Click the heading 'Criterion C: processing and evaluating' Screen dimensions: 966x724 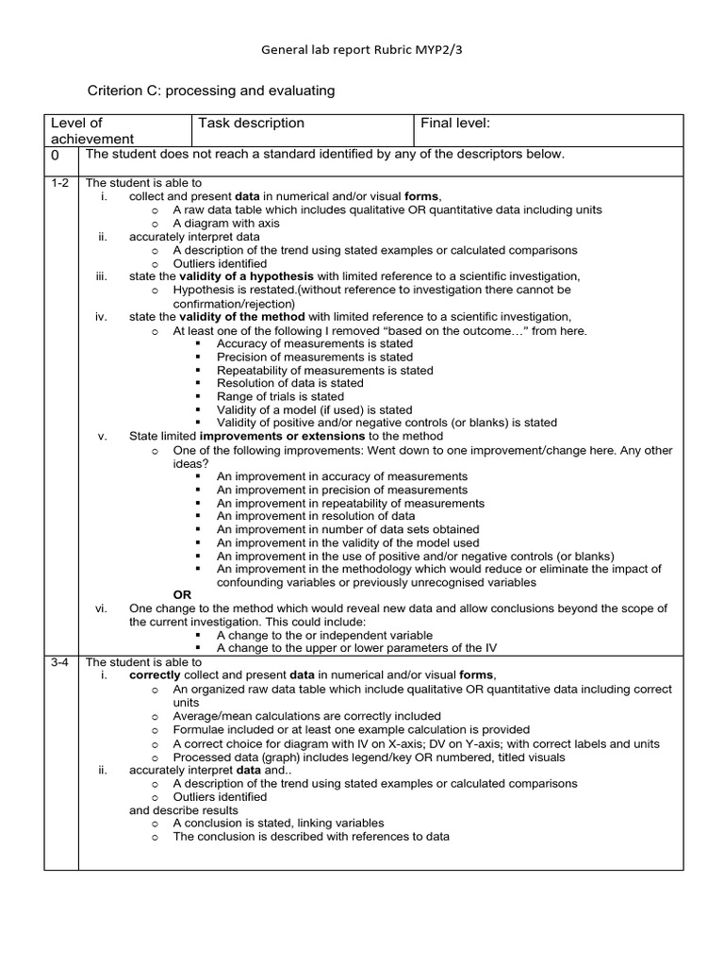[211, 92]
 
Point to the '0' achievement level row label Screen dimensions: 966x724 [55, 155]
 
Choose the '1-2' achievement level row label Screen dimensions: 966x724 [60, 183]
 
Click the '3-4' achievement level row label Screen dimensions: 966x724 [60, 663]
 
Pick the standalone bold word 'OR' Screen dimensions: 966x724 [183, 595]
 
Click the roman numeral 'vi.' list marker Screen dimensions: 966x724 [102, 609]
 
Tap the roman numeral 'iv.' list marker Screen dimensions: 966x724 [102, 317]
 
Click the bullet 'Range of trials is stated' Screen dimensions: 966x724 [280, 397]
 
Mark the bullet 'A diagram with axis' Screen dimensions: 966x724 [226, 224]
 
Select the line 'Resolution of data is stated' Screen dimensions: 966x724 [289, 384]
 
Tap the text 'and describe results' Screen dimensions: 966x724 [183, 810]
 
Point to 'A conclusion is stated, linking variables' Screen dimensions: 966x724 [278, 824]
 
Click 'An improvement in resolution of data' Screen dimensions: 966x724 [315, 516]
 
